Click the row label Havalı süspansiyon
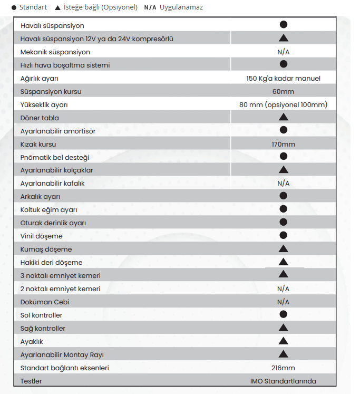pos(52,25)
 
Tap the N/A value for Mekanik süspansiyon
pos(283,52)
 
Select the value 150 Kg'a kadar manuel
pos(283,78)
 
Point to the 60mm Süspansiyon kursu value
pos(283,91)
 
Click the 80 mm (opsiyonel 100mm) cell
pos(283,104)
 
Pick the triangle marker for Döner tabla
pos(283,117)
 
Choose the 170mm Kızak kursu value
pos(283,144)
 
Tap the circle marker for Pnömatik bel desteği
pos(283,156)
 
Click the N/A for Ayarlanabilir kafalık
pos(283,184)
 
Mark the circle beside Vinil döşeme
pos(283,235)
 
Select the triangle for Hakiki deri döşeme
pos(283,262)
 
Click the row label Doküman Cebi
pos(45,302)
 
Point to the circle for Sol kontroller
pos(283,314)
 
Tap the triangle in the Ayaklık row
pos(283,341)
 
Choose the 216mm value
pos(283,368)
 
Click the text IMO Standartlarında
pos(283,381)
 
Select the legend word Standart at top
pos(33,7)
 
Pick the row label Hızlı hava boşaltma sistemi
pos(65,65)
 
